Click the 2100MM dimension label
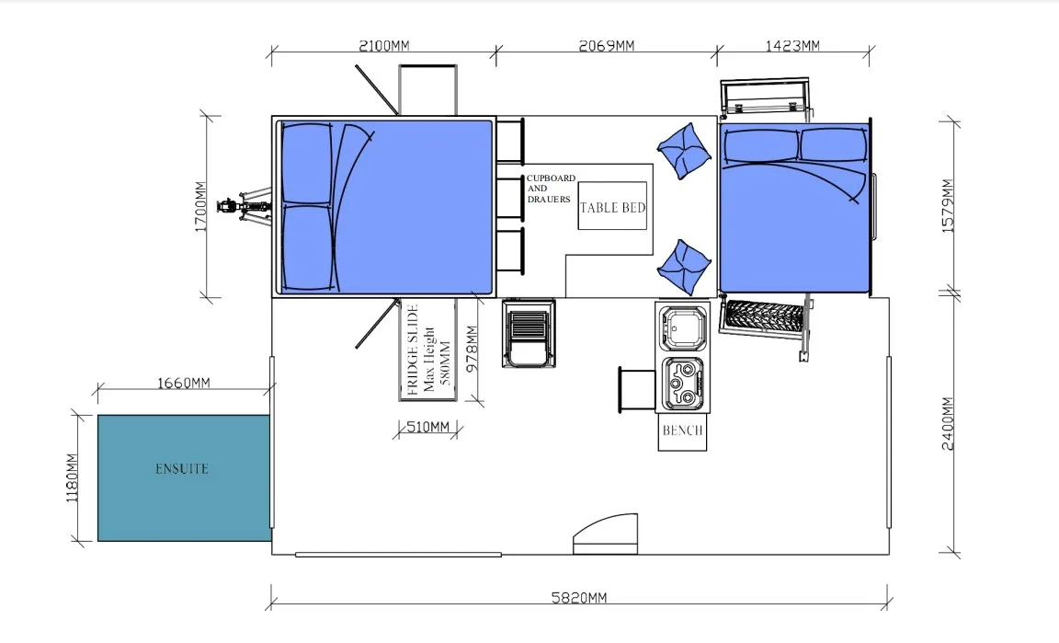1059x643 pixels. (383, 45)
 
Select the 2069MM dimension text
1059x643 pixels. (607, 45)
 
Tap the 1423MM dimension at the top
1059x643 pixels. (792, 45)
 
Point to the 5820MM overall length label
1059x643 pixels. (579, 597)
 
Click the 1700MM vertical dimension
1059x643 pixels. (200, 206)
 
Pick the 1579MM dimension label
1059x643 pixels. (948, 205)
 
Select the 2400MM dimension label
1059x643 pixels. (948, 423)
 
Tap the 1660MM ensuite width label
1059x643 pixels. (184, 383)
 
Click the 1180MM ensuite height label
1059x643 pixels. (72, 477)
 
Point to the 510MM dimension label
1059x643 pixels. (427, 427)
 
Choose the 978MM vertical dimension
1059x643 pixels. (473, 349)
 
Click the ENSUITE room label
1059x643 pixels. (182, 468)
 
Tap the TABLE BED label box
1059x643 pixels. (612, 206)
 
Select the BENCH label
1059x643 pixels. (683, 431)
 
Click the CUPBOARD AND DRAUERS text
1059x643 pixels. (551, 189)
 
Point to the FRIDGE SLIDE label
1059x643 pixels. (413, 350)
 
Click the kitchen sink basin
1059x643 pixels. (684, 328)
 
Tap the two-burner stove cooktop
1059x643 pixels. (684, 384)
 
